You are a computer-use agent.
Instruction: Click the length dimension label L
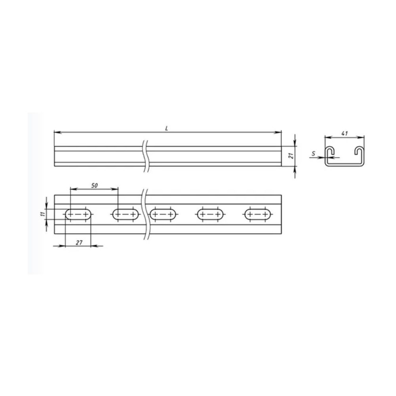[167, 129]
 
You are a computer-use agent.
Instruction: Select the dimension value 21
[291, 156]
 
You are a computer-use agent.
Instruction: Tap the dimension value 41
[345, 133]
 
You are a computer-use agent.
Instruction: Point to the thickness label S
[313, 153]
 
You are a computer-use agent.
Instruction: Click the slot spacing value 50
[94, 186]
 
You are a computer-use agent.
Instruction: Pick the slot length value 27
[79, 242]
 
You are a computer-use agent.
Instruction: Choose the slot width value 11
[43, 214]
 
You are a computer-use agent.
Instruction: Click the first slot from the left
[78, 214]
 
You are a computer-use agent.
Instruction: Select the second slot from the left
[125, 214]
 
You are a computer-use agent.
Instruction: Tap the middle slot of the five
[163, 214]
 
